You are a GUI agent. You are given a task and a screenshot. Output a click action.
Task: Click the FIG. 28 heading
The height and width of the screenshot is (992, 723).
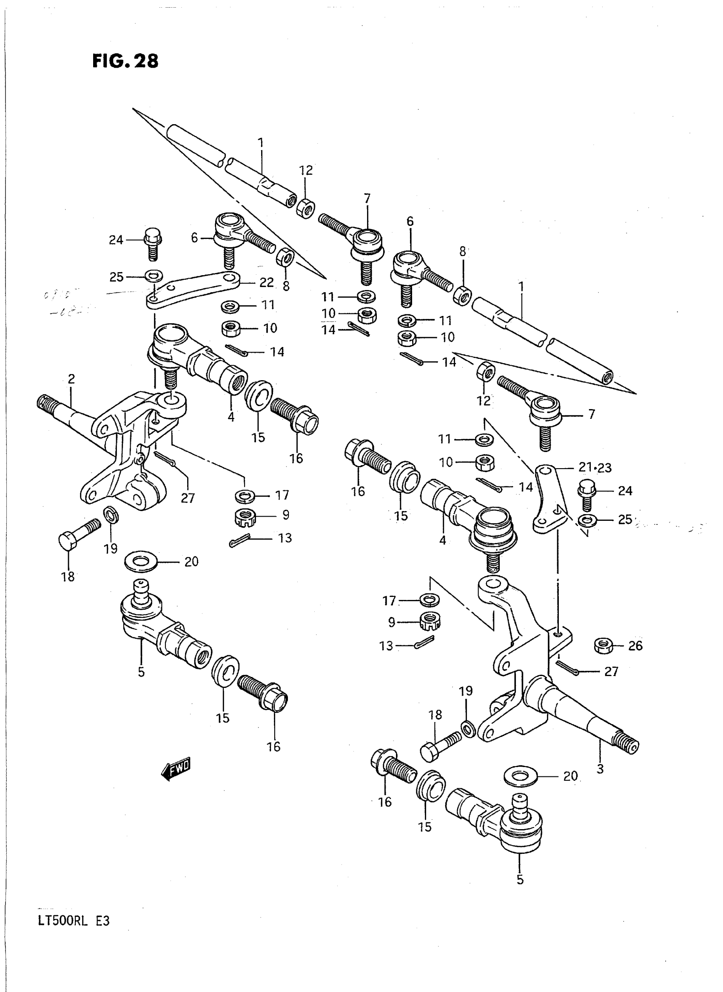click(x=125, y=61)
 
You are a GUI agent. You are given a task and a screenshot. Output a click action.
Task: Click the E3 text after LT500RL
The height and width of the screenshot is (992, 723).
click(x=102, y=920)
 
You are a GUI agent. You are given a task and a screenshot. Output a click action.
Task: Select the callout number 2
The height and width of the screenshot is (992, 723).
click(x=71, y=378)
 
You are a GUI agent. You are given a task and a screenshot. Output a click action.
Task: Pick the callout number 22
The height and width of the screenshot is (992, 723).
click(x=266, y=283)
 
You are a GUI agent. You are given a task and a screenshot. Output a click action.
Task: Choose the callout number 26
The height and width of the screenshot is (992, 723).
click(x=635, y=645)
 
